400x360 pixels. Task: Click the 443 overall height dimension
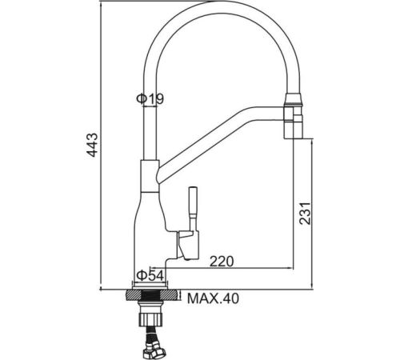[94, 145]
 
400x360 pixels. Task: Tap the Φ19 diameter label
[150, 99]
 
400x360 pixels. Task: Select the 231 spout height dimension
[305, 214]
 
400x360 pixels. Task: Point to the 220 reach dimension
[222, 262]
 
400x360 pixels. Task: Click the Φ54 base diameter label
[150, 275]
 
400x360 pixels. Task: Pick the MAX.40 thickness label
[213, 298]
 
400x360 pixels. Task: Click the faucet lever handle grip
[194, 202]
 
